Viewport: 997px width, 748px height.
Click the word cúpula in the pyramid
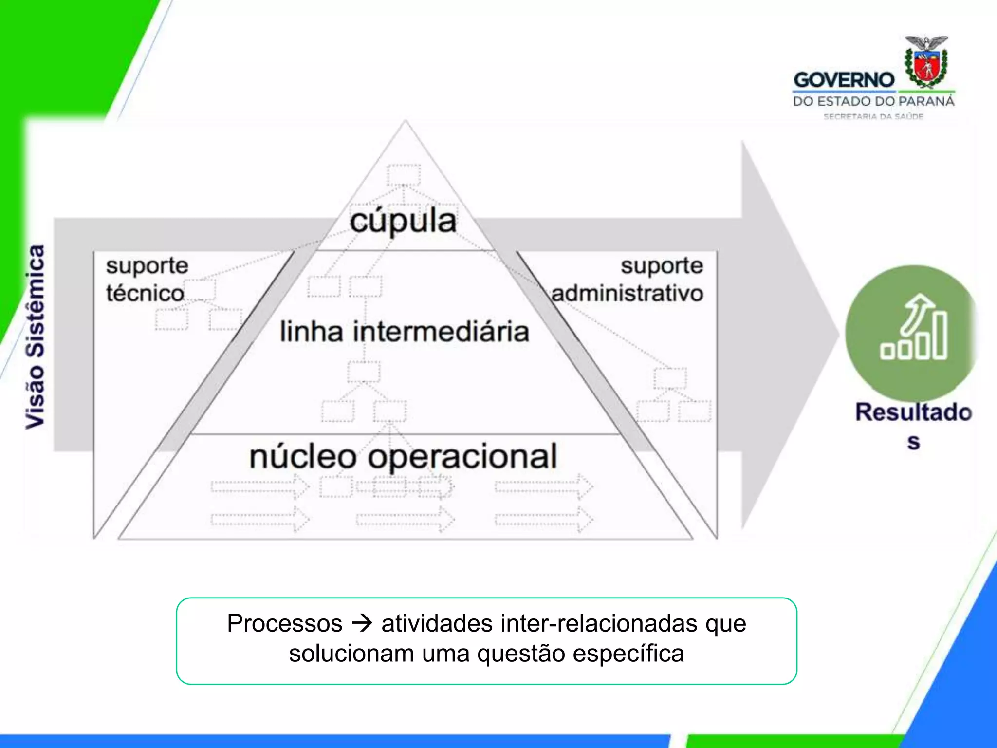(x=403, y=222)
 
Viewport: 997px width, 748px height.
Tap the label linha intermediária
(x=404, y=332)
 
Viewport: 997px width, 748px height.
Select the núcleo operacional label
(x=403, y=456)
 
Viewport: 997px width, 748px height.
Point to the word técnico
(x=145, y=293)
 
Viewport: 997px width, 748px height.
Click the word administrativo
(x=628, y=293)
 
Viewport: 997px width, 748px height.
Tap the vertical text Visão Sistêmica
(x=35, y=337)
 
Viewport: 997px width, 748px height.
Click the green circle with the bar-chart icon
(x=911, y=333)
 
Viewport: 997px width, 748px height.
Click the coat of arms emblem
(x=926, y=62)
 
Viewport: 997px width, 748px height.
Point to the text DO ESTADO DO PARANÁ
(x=873, y=101)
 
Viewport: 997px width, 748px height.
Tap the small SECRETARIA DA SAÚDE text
(x=873, y=116)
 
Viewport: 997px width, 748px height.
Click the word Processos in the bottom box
(x=285, y=623)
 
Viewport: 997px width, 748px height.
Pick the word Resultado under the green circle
(x=913, y=412)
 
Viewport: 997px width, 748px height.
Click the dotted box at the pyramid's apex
(x=404, y=174)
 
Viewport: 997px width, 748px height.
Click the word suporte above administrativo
(x=662, y=266)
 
